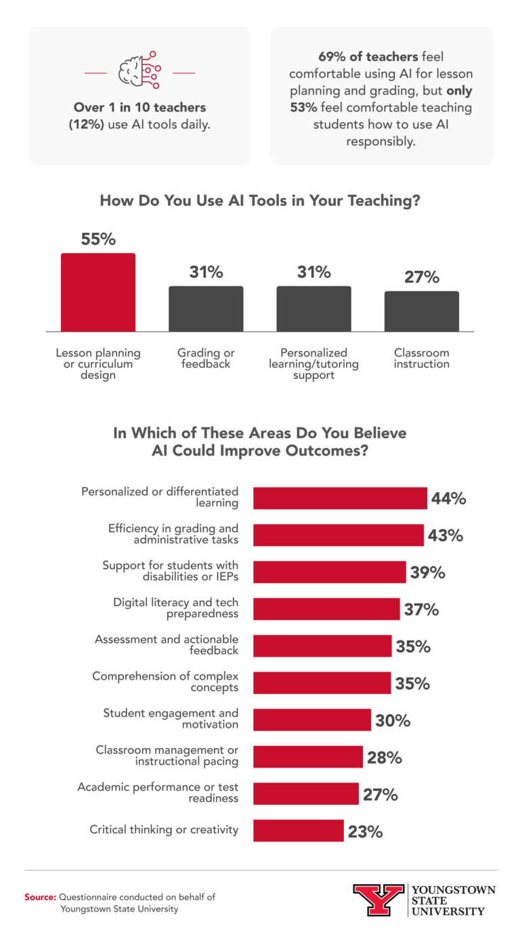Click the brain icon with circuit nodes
(x=139, y=70)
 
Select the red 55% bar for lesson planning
(x=98, y=292)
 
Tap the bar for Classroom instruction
(x=422, y=311)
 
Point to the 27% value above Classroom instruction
(x=422, y=278)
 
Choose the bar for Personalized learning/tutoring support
(x=313, y=309)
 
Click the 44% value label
(x=449, y=498)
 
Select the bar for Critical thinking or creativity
(x=298, y=830)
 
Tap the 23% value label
(x=366, y=831)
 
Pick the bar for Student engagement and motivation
(x=312, y=720)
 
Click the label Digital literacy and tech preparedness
(x=176, y=608)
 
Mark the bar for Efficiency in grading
(x=339, y=535)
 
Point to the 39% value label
(x=428, y=572)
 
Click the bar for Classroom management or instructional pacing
(x=308, y=757)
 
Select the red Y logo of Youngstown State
(x=378, y=900)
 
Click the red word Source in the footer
(x=40, y=896)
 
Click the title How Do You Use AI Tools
(x=259, y=200)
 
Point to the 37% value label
(x=422, y=609)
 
